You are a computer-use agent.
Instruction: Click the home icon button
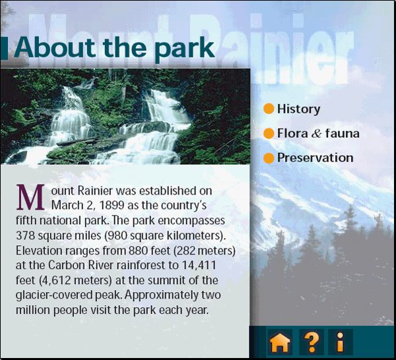point(280,342)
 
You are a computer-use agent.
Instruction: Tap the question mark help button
point(312,342)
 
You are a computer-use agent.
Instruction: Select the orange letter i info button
point(341,342)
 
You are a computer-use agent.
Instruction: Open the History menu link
point(299,109)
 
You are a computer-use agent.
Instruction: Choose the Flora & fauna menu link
point(318,133)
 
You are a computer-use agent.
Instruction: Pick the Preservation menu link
point(315,158)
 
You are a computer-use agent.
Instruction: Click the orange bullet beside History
point(269,109)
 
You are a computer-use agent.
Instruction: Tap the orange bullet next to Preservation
point(269,158)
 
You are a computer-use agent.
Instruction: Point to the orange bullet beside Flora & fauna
point(269,133)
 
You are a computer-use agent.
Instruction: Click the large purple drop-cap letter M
point(30,197)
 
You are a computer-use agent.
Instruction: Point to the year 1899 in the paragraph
point(112,205)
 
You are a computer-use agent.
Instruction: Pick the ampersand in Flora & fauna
point(316,133)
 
